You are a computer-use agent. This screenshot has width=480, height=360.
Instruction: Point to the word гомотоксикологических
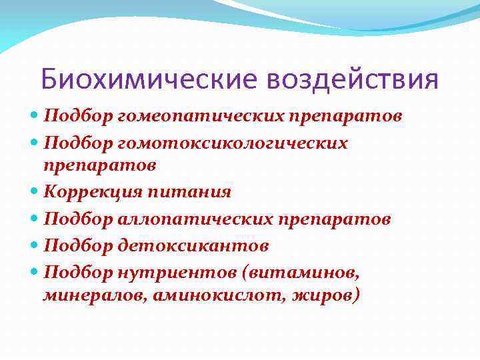[x=233, y=143]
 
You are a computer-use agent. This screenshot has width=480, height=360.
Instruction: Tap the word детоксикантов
[x=193, y=246]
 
